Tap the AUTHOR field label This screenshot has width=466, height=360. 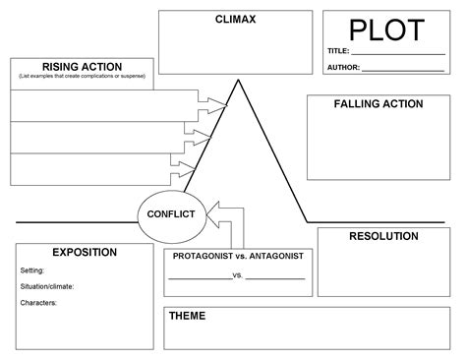344,68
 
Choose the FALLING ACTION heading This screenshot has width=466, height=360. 379,103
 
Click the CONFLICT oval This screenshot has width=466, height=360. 170,213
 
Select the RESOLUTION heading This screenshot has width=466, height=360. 383,236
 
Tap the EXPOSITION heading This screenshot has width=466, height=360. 85,252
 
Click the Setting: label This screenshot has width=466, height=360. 32,270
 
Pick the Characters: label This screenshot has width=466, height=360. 38,303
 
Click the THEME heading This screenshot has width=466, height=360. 187,317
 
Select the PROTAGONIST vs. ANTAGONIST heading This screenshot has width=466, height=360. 237,256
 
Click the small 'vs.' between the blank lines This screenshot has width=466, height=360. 238,275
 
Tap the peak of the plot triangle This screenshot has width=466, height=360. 237,81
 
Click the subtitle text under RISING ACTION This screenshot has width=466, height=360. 82,76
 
